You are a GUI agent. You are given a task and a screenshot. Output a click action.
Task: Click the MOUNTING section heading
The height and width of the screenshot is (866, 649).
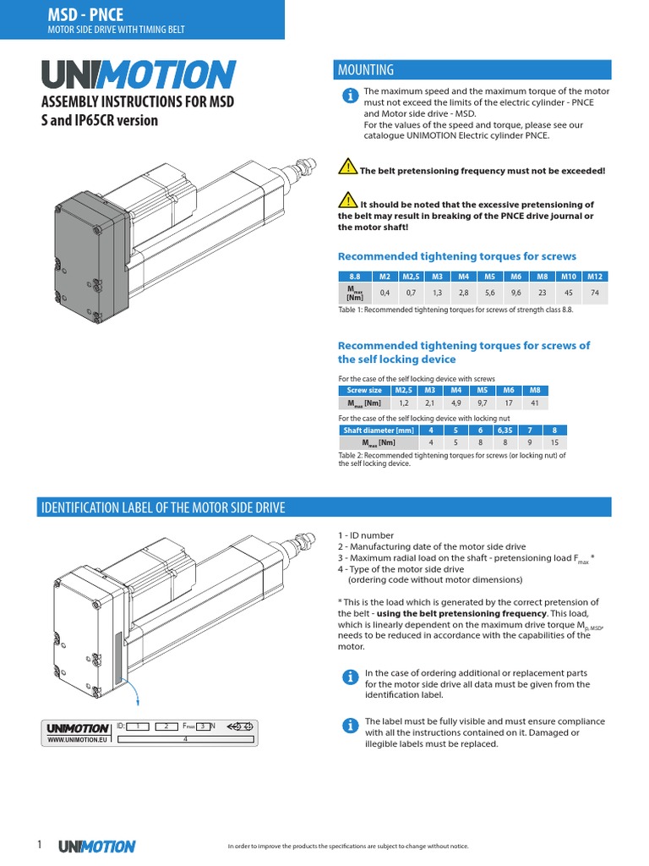366,69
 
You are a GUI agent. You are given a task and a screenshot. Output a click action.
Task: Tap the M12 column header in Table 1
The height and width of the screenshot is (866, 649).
594,277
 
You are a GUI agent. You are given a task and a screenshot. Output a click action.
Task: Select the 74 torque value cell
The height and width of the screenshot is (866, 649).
594,293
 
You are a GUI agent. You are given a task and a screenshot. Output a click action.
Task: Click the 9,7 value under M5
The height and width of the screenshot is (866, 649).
481,404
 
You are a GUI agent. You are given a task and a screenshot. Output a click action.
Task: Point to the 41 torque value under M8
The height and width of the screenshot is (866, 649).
533,404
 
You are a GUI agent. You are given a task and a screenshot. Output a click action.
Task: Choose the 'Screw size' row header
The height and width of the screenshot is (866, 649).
364,391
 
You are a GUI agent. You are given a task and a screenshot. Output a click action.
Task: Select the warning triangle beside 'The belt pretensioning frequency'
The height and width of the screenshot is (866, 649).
347,167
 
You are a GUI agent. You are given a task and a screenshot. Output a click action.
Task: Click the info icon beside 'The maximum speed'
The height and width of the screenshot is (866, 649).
348,97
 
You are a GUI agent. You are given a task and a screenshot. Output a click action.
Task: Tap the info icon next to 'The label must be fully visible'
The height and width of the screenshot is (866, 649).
348,726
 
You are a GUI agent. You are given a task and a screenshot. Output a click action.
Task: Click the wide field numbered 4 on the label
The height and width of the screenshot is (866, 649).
184,739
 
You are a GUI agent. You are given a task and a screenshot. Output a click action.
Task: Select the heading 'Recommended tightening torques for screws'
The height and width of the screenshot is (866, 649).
457,256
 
